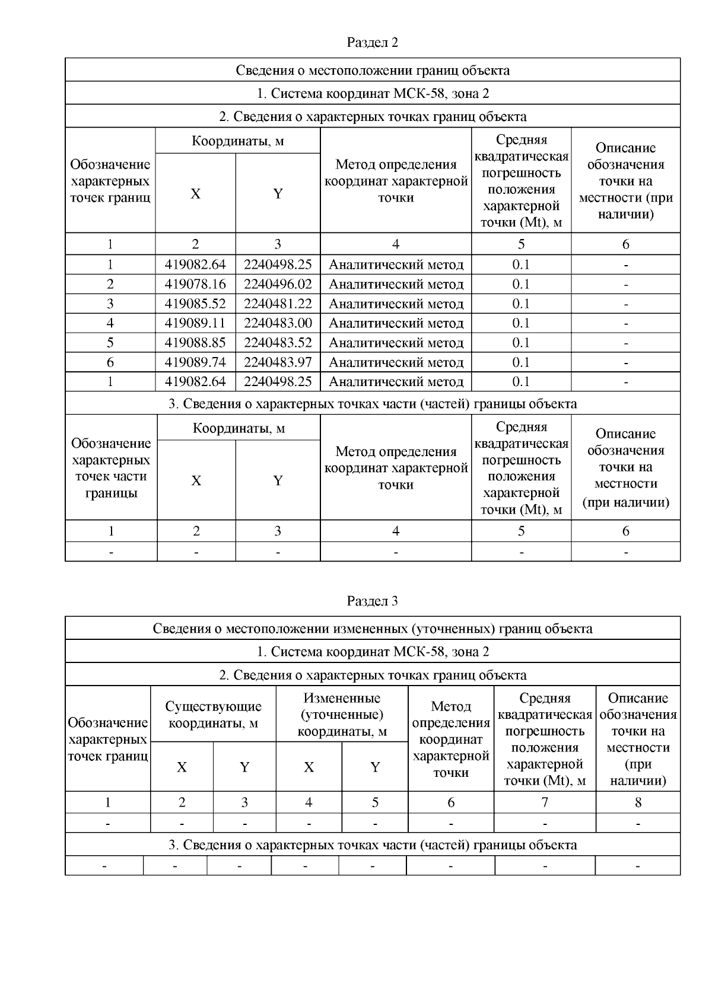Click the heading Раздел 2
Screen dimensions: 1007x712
pyautogui.click(x=372, y=43)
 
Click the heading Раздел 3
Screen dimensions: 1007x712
pyautogui.click(x=372, y=601)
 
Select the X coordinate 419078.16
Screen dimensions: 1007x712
pyautogui.click(x=195, y=284)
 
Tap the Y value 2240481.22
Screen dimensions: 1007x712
pyautogui.click(x=278, y=304)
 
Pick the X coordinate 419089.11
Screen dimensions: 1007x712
pyautogui.click(x=195, y=323)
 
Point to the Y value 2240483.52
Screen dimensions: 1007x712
pyautogui.click(x=278, y=343)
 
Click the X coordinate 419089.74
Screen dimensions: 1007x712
pyautogui.click(x=195, y=362)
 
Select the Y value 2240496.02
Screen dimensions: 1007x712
pyautogui.click(x=278, y=284)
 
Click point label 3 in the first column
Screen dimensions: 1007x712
pyautogui.click(x=110, y=304)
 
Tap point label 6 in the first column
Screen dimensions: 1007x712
pyautogui.click(x=110, y=362)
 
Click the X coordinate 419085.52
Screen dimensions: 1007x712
pyautogui.click(x=195, y=304)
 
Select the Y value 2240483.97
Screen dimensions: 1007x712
pyautogui.click(x=278, y=362)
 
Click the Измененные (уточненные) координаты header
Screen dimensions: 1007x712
pyautogui.click(x=342, y=715)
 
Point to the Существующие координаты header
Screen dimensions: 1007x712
pyautogui.click(x=213, y=715)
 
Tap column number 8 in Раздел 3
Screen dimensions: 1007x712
pyautogui.click(x=638, y=802)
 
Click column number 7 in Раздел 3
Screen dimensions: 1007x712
pyautogui.click(x=544, y=802)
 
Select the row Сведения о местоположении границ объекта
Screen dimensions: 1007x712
pyautogui.click(x=372, y=71)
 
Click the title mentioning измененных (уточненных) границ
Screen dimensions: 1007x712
pyautogui.click(x=372, y=629)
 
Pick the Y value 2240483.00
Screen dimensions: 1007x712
pyautogui.click(x=278, y=323)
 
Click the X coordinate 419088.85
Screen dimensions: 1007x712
pyautogui.click(x=195, y=343)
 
